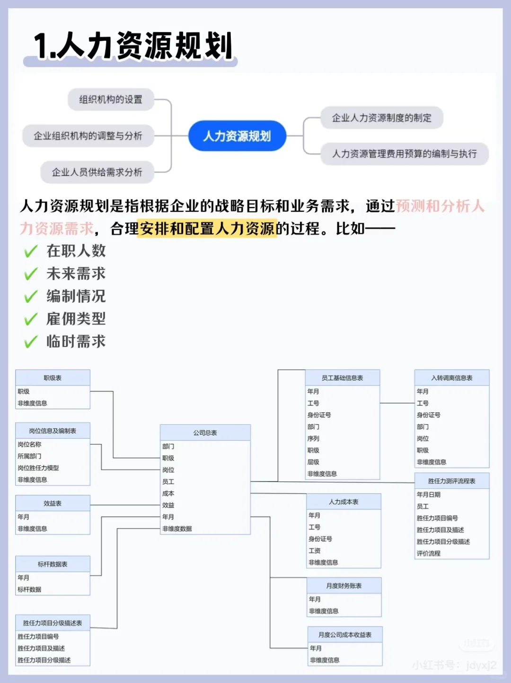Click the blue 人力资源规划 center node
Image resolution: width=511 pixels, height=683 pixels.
click(x=237, y=136)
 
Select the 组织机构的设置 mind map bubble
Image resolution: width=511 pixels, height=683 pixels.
click(x=111, y=99)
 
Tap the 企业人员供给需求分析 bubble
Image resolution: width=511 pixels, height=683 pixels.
click(x=97, y=172)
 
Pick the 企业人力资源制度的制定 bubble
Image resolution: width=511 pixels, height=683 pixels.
click(x=381, y=118)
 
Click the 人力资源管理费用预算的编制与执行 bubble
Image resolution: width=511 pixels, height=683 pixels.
click(x=404, y=154)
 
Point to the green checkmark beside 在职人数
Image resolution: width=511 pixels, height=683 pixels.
click(x=31, y=251)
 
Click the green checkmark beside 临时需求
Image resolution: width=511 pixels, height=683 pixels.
click(x=31, y=342)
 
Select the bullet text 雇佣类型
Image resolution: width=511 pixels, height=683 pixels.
click(x=76, y=319)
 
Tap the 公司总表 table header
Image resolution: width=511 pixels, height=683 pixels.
click(x=205, y=433)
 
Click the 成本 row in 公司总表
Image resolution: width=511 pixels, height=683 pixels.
click(x=168, y=493)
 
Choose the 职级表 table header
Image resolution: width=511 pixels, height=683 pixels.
click(x=53, y=378)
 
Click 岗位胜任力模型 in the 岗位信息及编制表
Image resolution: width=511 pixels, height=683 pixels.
click(x=38, y=468)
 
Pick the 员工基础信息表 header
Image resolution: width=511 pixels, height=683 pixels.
click(x=342, y=378)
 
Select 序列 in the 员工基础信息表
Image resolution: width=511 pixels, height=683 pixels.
click(x=313, y=438)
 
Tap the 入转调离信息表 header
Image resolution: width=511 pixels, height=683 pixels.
click(x=451, y=378)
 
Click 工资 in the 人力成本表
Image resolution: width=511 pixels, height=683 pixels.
click(x=315, y=550)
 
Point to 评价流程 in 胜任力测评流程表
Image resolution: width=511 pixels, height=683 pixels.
click(x=429, y=553)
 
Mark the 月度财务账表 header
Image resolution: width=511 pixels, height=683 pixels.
click(x=344, y=585)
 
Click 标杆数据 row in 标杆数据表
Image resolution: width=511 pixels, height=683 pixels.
click(x=29, y=589)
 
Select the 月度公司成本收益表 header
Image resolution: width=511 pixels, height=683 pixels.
click(x=344, y=635)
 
